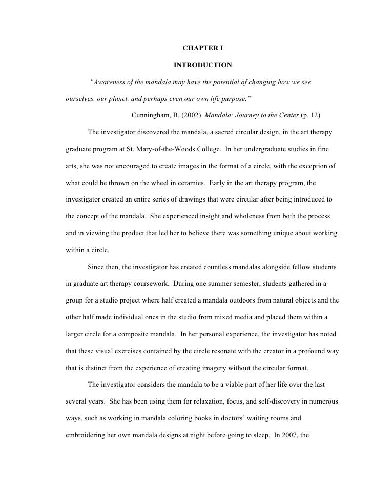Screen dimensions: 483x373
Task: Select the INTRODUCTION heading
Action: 202,66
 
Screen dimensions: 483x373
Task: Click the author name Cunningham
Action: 151,115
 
